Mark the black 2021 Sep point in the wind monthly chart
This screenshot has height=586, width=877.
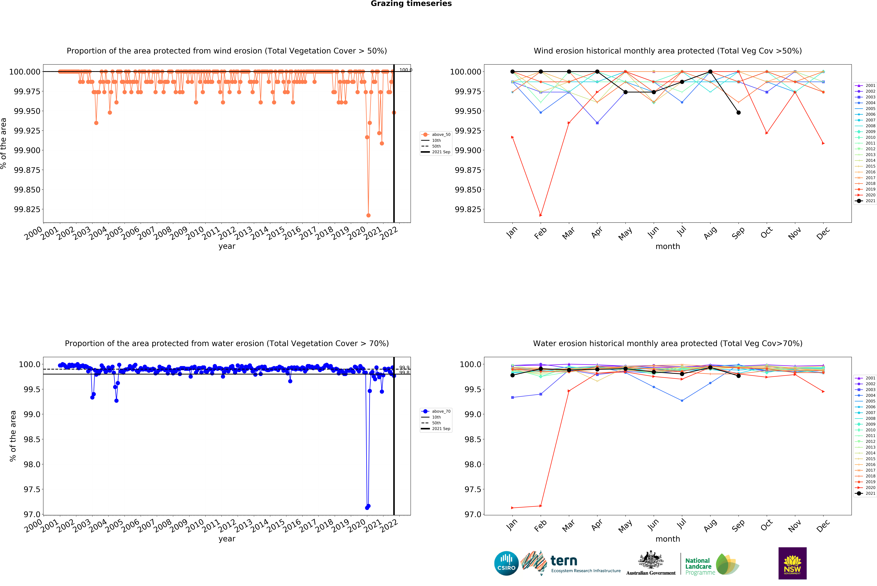(x=738, y=112)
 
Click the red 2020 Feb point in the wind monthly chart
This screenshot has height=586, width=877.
(x=541, y=215)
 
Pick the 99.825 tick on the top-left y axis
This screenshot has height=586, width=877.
(x=27, y=209)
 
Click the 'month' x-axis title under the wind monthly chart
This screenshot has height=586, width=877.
(x=668, y=246)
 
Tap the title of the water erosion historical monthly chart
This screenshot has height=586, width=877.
(x=668, y=343)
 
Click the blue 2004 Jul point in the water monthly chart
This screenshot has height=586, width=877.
(x=682, y=401)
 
